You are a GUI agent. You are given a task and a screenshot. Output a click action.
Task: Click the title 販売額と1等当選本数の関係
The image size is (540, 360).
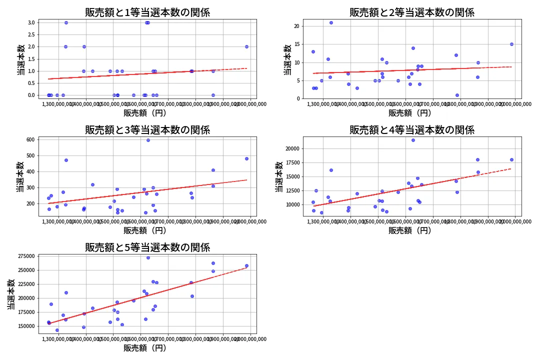pos(147,12)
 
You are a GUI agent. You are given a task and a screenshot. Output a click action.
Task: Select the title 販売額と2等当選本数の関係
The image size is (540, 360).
pos(412,12)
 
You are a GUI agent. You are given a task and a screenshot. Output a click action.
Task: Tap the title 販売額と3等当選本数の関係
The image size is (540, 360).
pos(147,130)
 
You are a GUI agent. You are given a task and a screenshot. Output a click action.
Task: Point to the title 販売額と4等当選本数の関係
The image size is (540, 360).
pos(412,130)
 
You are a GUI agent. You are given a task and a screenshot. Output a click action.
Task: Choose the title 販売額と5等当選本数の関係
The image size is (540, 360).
pos(147,247)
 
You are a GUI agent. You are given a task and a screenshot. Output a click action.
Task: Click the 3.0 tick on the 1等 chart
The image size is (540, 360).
pos(30,22)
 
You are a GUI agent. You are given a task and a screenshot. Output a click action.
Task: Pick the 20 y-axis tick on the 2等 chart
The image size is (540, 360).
pos(296,26)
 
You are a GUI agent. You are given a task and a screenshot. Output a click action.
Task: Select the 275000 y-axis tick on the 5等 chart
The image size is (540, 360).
pos(26,256)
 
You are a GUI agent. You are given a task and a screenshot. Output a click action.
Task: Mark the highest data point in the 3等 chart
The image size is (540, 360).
pos(148,140)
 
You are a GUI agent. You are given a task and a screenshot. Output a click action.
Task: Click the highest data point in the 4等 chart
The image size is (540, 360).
pos(413,140)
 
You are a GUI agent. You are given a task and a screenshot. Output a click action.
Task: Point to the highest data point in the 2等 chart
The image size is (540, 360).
pos(331,22)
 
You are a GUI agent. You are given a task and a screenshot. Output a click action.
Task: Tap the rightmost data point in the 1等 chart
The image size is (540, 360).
pos(246,46)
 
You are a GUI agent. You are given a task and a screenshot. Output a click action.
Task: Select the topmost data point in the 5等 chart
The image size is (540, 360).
pos(148,257)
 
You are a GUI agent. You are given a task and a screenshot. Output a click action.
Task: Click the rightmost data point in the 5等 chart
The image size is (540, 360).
pos(246,265)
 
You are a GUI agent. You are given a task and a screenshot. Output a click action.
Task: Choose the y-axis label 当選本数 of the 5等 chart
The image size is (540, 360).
pos(10,294)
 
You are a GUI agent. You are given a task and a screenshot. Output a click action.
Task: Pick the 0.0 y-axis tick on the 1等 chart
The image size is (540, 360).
pos(30,95)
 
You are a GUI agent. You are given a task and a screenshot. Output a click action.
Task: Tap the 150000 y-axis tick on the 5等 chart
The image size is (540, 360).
pos(26,326)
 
